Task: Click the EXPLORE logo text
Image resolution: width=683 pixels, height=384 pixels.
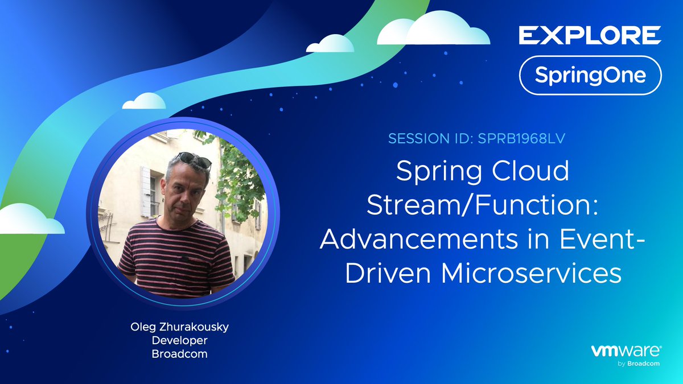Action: click(590, 35)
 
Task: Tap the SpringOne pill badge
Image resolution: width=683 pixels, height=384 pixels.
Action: click(590, 75)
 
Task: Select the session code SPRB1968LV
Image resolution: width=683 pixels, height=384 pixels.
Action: click(521, 138)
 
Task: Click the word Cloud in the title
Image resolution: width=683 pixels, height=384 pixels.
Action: click(530, 171)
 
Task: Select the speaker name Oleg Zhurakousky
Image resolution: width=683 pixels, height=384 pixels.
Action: click(180, 327)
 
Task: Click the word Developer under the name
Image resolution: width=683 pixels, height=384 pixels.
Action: click(180, 340)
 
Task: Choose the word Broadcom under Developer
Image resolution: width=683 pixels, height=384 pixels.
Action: click(180, 354)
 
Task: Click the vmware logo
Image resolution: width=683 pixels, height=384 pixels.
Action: click(626, 352)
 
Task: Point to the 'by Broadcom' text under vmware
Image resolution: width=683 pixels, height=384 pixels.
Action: click(639, 364)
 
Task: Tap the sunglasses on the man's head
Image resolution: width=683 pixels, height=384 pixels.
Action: click(194, 160)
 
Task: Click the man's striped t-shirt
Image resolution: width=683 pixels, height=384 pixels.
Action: click(177, 259)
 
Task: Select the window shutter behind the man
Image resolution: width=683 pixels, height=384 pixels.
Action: click(146, 192)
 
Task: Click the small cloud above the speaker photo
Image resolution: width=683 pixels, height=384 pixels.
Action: click(144, 101)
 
